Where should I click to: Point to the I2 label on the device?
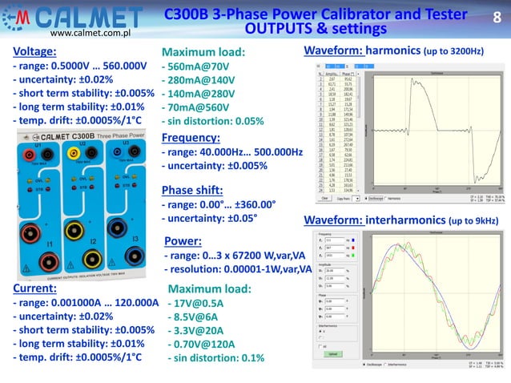click(x=93, y=240)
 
